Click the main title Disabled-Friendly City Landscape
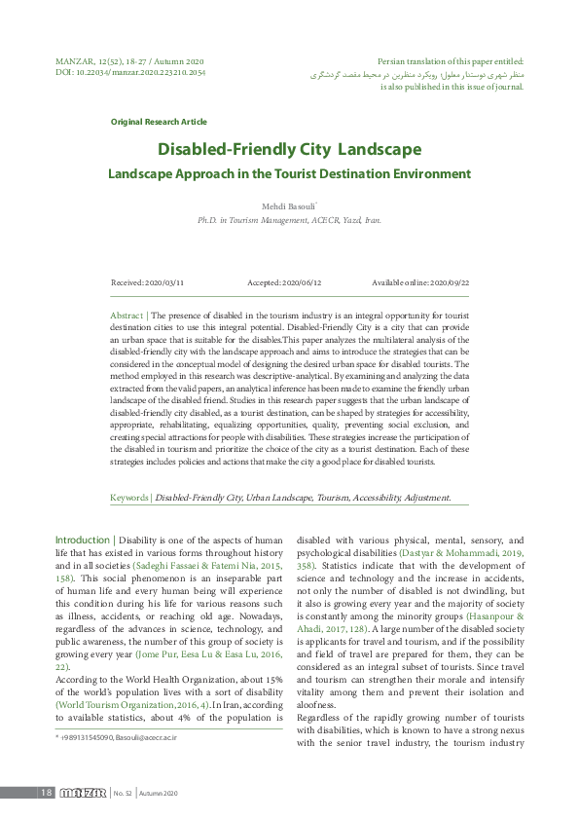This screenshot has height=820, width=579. [x=289, y=150]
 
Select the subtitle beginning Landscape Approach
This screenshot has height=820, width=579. [x=289, y=174]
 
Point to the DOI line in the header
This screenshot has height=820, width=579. [x=117, y=71]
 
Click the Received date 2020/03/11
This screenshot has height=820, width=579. [x=148, y=282]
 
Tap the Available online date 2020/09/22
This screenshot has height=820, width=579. [x=420, y=282]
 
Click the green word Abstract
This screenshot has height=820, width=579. [x=127, y=317]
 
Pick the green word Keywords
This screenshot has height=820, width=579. [x=128, y=498]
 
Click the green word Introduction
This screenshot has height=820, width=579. [x=83, y=540]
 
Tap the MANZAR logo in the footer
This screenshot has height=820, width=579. [x=82, y=793]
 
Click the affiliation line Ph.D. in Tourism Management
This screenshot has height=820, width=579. [x=289, y=221]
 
